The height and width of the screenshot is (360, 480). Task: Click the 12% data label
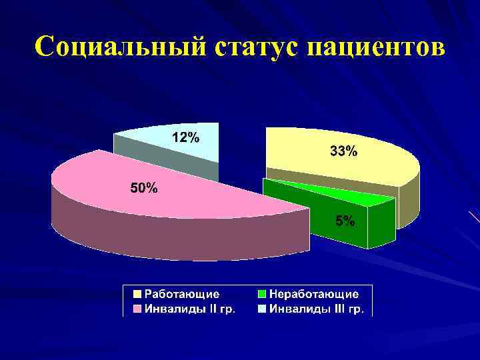[x=185, y=138]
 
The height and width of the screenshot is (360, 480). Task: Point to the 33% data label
[x=343, y=152]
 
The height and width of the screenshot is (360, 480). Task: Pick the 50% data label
[x=143, y=188]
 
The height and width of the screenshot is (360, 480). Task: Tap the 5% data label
[x=345, y=221]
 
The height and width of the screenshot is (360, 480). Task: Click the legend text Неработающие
[x=313, y=293]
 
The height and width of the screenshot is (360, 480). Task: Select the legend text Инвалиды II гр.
[x=189, y=309]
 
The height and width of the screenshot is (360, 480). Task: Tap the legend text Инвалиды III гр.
[x=316, y=309]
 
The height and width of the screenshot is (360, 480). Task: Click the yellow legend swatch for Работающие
[x=137, y=293]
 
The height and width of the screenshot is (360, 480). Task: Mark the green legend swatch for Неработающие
[x=262, y=293]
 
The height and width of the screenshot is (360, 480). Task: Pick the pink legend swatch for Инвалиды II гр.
[x=137, y=309]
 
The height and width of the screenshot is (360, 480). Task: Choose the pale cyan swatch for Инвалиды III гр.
[x=262, y=309]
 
